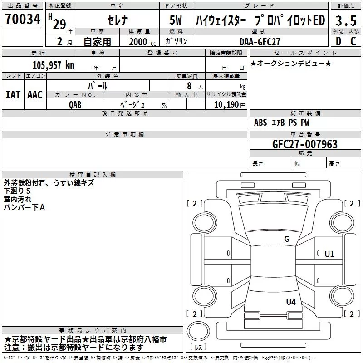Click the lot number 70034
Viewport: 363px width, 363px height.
point(23,20)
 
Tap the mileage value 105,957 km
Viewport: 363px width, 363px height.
point(53,65)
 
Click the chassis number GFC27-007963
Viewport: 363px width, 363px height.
point(305,144)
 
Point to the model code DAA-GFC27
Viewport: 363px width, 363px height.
point(260,41)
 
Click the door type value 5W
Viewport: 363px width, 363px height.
point(177,20)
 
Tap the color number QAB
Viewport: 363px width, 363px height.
point(75,104)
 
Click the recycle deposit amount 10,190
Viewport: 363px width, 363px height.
point(222,104)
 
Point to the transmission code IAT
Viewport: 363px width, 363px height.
point(13,95)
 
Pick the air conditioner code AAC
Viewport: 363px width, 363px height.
point(35,95)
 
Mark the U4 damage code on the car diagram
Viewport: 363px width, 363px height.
point(291,302)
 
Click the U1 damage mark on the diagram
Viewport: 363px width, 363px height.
point(329,255)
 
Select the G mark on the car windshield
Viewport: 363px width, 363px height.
point(286,239)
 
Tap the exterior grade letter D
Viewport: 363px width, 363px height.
point(338,41)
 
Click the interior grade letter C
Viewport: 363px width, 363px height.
point(353,41)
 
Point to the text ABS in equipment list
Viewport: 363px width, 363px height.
point(260,123)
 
